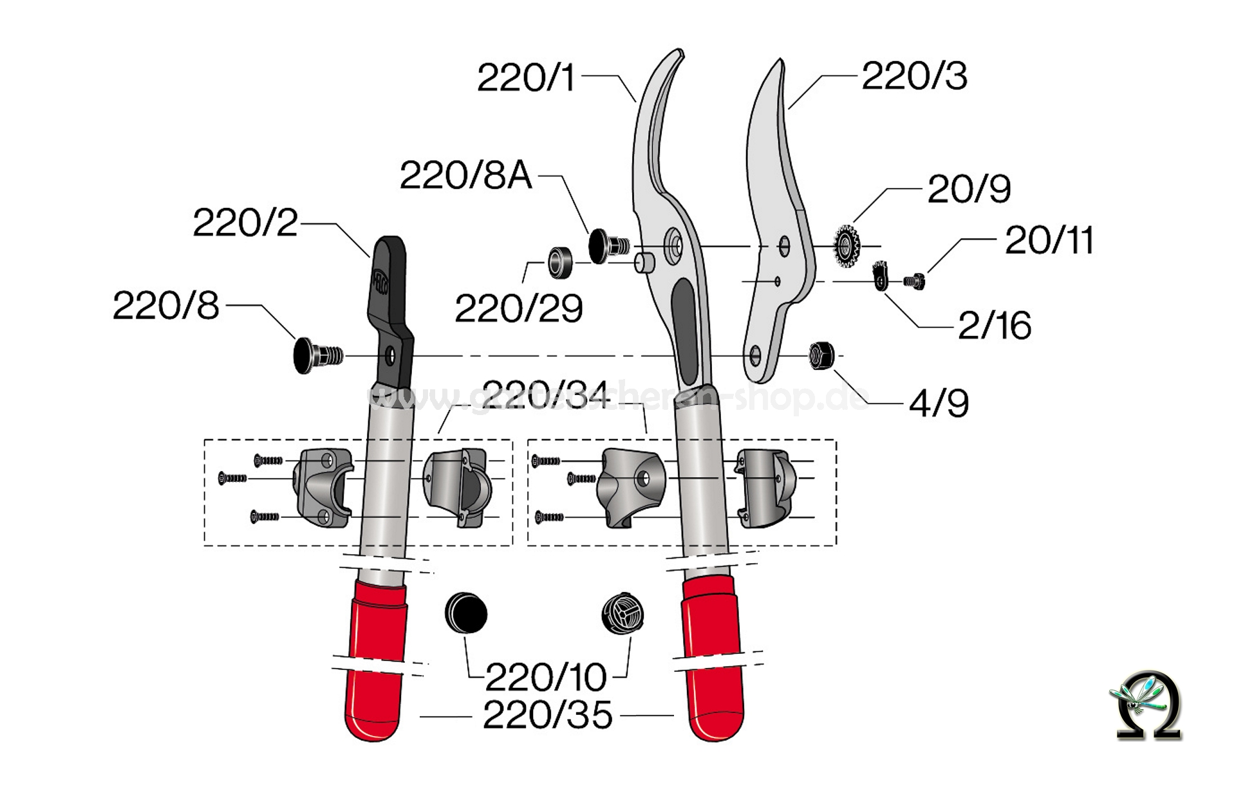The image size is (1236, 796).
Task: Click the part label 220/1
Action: click(525, 78)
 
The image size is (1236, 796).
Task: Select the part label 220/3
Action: click(914, 76)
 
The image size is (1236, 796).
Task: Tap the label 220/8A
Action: click(465, 175)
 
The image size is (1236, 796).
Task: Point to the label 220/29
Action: click(519, 308)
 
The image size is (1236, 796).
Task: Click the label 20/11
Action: click(1049, 241)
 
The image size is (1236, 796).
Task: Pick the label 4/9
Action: click(939, 403)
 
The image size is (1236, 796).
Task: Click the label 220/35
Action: click(547, 715)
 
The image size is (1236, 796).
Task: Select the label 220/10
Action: click(546, 677)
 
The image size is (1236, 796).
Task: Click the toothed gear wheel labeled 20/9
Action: click(846, 245)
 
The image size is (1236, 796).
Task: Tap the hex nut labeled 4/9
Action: click(822, 356)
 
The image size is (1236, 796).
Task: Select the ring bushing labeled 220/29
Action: click(559, 262)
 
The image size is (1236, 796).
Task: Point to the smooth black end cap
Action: click(466, 613)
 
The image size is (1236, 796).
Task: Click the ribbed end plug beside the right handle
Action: click(623, 613)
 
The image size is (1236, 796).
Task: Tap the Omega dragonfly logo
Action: click(1148, 705)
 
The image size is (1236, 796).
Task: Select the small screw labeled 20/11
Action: click(913, 281)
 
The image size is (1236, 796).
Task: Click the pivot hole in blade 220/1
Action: click(675, 245)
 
